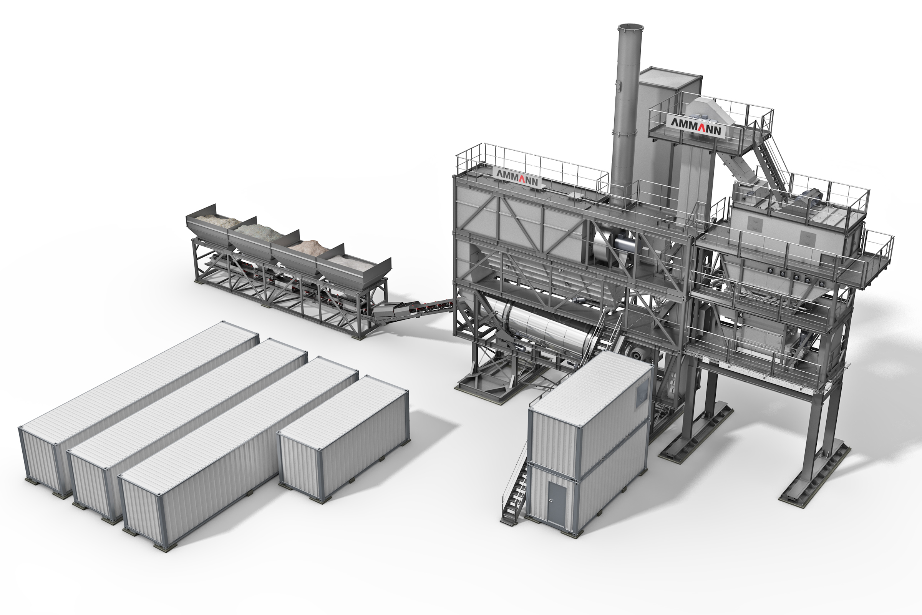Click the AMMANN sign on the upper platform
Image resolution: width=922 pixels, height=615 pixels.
(696, 126)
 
